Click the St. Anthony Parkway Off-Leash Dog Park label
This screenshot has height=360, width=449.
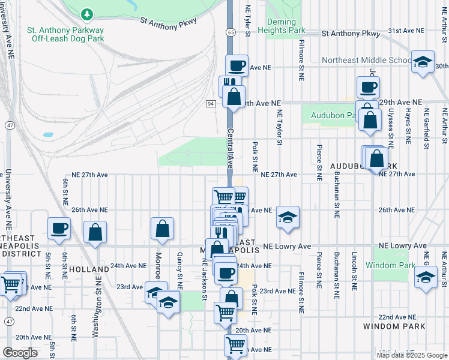click(65, 34)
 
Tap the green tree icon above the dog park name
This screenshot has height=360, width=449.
click(88, 13)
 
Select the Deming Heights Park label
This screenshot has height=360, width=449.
click(285, 26)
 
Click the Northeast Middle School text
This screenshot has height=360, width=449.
click(366, 60)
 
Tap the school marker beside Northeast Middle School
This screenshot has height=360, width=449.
click(423, 62)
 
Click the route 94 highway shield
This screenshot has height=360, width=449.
click(211, 104)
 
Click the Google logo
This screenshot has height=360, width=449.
click(20, 353)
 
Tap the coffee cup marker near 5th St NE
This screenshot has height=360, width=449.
click(59, 228)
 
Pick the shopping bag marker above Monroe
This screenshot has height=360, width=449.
click(162, 229)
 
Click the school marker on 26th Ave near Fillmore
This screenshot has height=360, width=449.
click(288, 217)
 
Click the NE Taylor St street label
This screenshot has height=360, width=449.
click(279, 127)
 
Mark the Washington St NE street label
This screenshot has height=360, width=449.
click(95, 316)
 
